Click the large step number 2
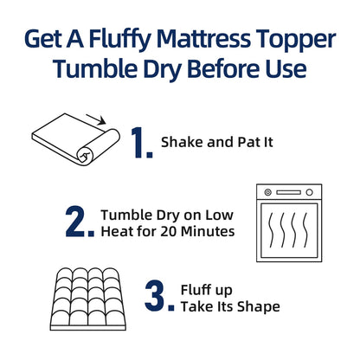pos(80,222)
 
